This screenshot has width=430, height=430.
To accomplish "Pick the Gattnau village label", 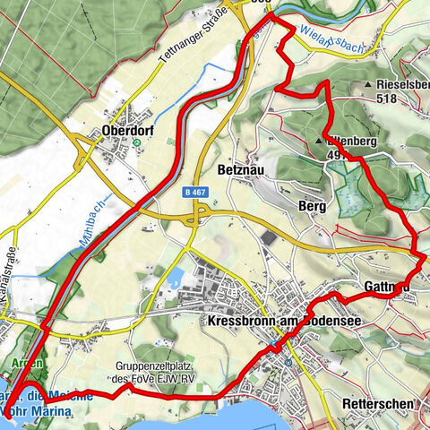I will tap(387, 287).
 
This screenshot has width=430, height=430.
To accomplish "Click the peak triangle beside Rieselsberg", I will tap(368, 85).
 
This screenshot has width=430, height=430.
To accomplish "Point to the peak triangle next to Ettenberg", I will tap(319, 142).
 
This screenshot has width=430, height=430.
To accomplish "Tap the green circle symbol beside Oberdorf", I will tap(136, 142).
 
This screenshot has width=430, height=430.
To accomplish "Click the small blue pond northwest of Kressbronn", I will tap(176, 276).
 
